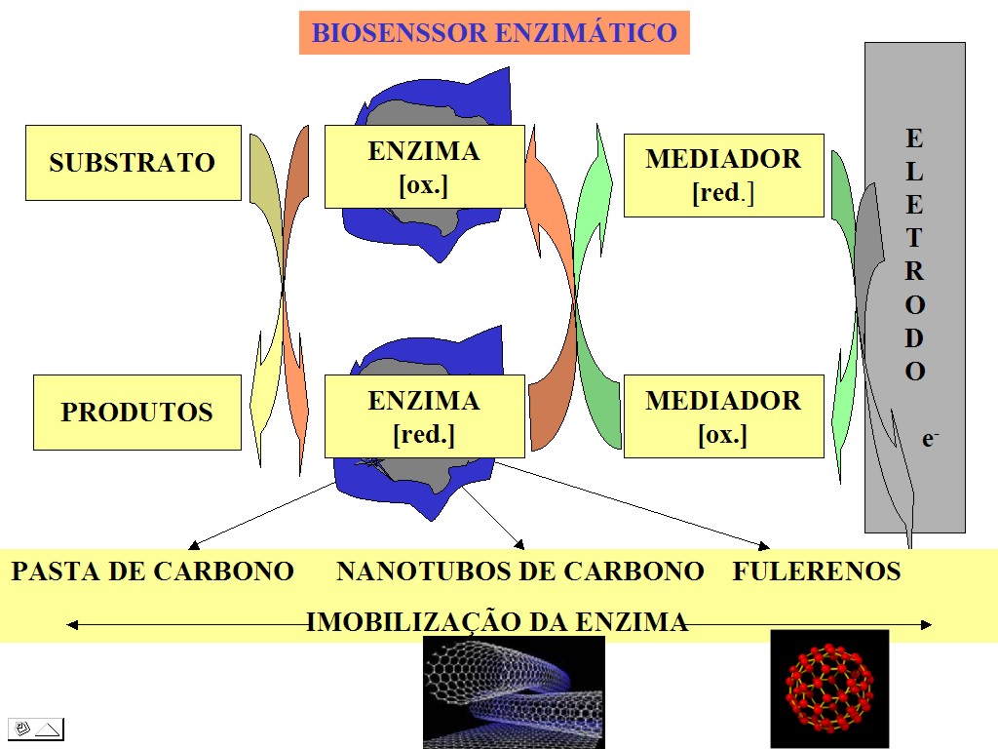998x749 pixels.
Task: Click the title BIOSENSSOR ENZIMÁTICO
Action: pos(494,33)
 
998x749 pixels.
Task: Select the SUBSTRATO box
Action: pos(133,162)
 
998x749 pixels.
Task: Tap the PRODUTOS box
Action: pos(136,412)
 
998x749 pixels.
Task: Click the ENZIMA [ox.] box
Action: pos(424,167)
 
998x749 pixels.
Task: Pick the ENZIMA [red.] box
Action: pos(424,416)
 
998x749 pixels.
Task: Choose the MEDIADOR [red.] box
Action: pos(723,175)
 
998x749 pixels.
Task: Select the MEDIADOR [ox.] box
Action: pos(723,416)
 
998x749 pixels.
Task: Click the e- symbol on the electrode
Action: pos(931,439)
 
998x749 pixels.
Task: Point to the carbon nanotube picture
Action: pos(514,691)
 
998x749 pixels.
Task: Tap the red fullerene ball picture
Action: pos(829,689)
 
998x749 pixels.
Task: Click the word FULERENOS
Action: pos(816,572)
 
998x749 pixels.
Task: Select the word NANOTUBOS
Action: pos(410,572)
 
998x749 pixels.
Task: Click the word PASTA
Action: pos(48,572)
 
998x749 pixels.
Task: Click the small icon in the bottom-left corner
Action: pos(36,729)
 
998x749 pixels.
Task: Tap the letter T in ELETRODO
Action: pos(914,238)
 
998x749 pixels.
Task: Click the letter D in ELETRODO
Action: pos(914,338)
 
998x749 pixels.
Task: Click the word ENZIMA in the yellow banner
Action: pos(635,622)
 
